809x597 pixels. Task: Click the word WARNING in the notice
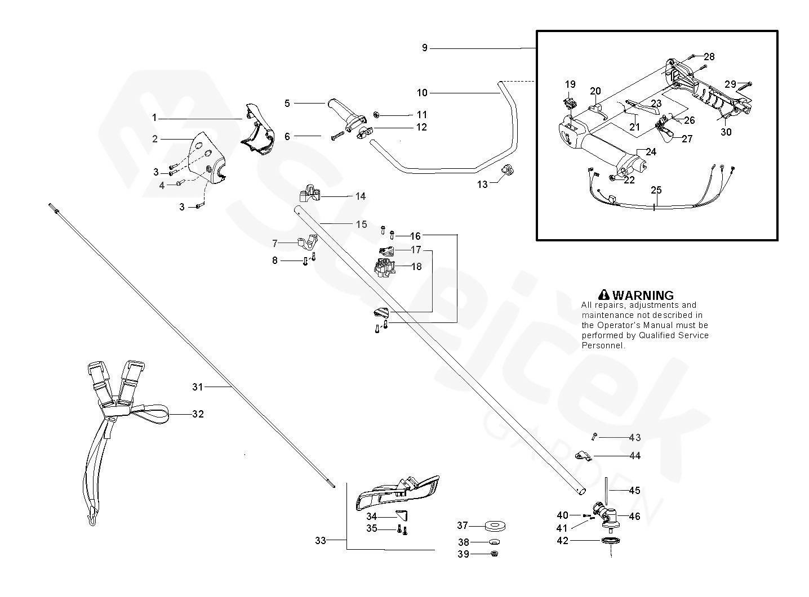[643, 295]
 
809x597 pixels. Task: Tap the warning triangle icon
[604, 295]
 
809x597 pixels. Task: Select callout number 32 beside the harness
[197, 414]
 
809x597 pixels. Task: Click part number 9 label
[425, 48]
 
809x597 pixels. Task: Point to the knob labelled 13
[508, 169]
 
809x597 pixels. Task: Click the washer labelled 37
[496, 527]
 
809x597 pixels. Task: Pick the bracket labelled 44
[583, 455]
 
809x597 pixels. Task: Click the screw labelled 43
[593, 437]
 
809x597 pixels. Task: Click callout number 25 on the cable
[656, 190]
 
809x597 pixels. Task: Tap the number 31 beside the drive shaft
[197, 387]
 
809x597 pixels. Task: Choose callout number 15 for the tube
[361, 225]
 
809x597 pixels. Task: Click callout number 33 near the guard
[320, 541]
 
